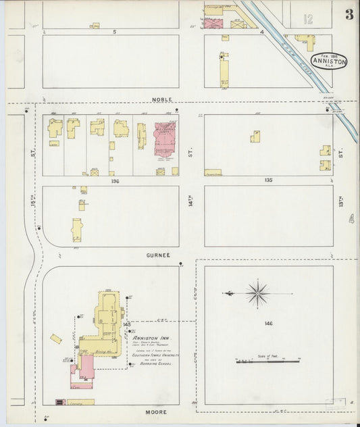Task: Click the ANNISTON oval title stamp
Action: click(329, 61)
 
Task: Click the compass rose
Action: click(257, 293)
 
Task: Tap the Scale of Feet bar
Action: click(267, 361)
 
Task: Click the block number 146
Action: click(268, 324)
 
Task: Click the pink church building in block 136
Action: click(164, 136)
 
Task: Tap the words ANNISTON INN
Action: click(151, 337)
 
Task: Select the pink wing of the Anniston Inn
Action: click(86, 367)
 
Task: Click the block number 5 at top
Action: click(115, 32)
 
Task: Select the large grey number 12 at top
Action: click(308, 20)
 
